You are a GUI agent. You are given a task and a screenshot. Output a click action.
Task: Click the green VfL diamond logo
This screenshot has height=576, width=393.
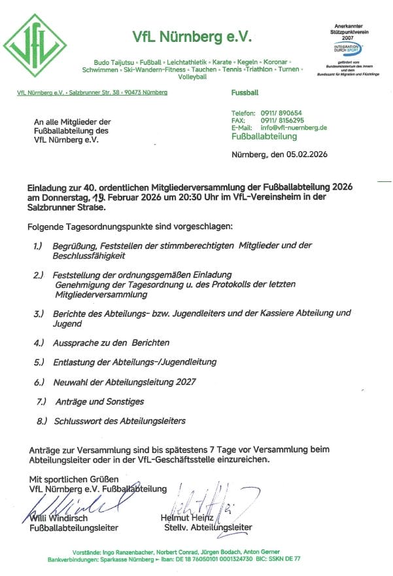[x=35, y=45]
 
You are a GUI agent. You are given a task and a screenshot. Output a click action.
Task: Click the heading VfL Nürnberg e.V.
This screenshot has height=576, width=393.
[x=192, y=36]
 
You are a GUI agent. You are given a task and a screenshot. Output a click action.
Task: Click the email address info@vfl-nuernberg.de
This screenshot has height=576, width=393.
[x=294, y=128]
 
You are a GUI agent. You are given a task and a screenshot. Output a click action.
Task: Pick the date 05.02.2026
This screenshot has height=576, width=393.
[x=307, y=154]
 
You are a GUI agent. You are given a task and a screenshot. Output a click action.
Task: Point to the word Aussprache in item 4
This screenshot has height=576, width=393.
[x=75, y=342]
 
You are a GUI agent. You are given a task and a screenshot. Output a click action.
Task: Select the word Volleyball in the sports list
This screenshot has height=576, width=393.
[x=192, y=77]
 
